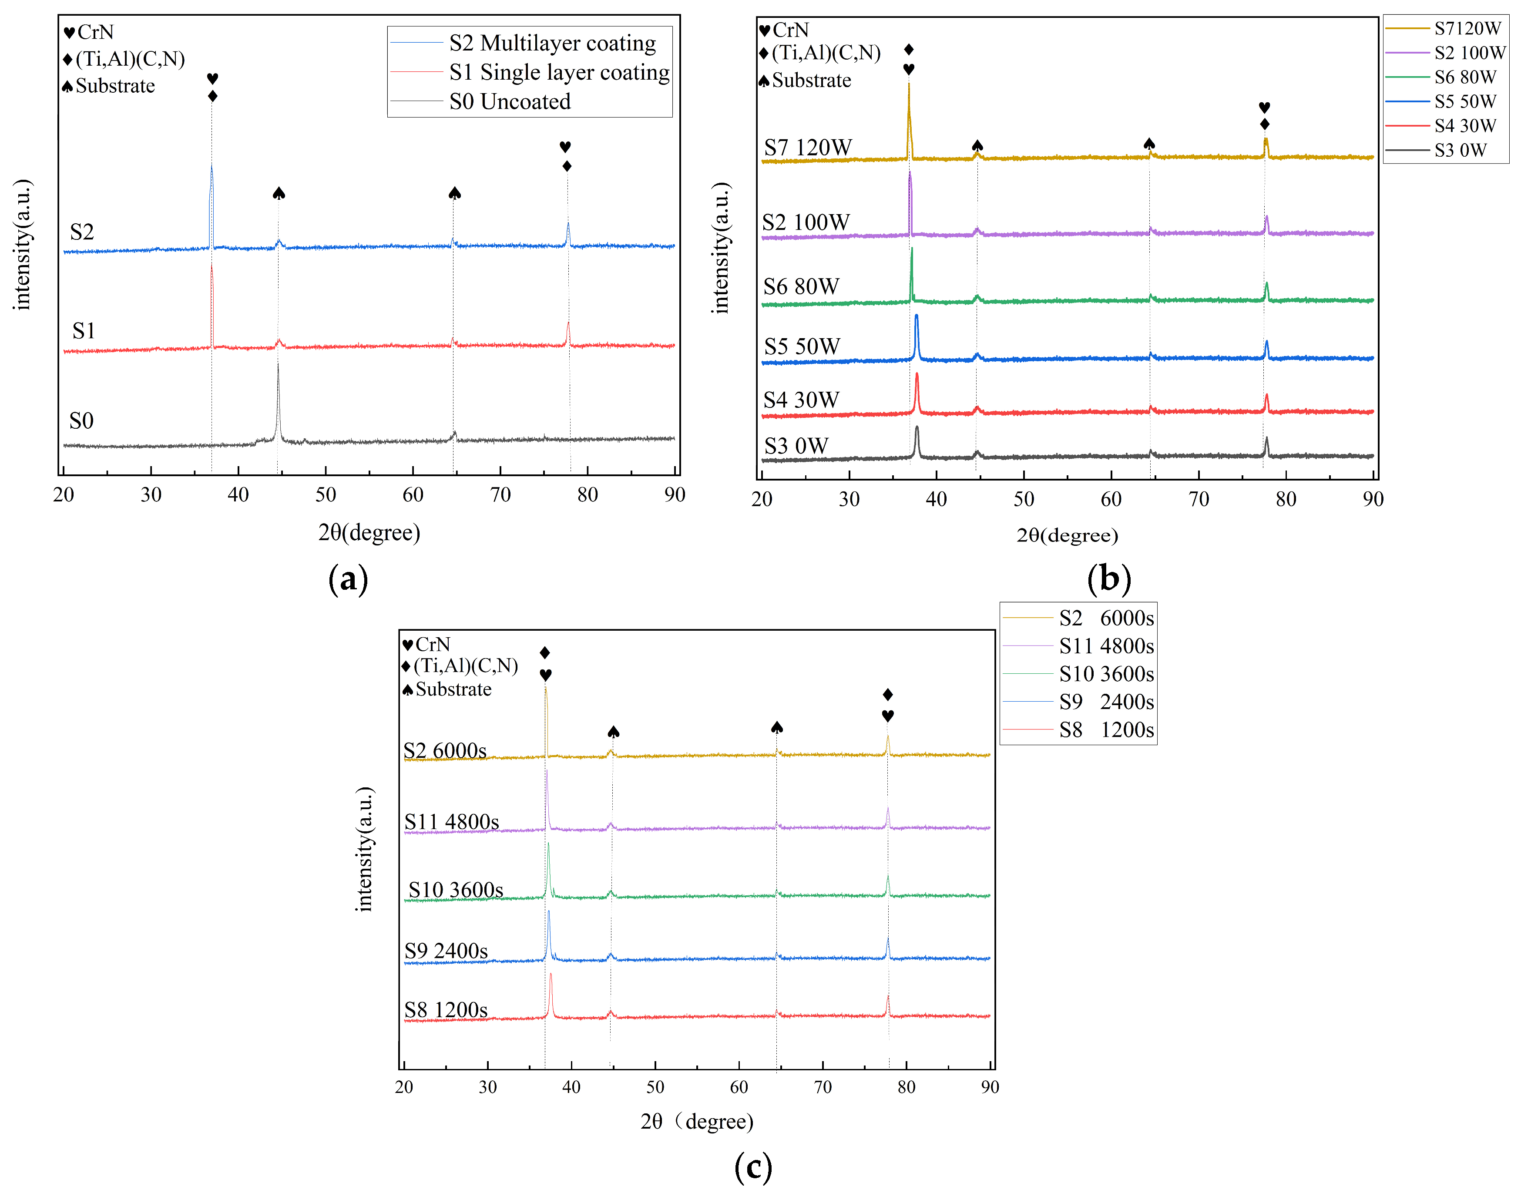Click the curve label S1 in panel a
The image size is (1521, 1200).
click(x=84, y=331)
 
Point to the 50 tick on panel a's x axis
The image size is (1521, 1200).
click(x=325, y=494)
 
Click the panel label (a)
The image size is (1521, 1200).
click(x=348, y=580)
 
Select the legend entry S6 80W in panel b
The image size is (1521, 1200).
click(x=1465, y=77)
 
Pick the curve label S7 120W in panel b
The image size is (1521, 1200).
click(x=807, y=148)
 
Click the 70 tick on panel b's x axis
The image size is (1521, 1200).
click(x=1199, y=500)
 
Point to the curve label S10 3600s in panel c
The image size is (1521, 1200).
click(x=455, y=890)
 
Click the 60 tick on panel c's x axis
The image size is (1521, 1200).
click(x=739, y=1087)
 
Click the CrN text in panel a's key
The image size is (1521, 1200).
click(x=96, y=32)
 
